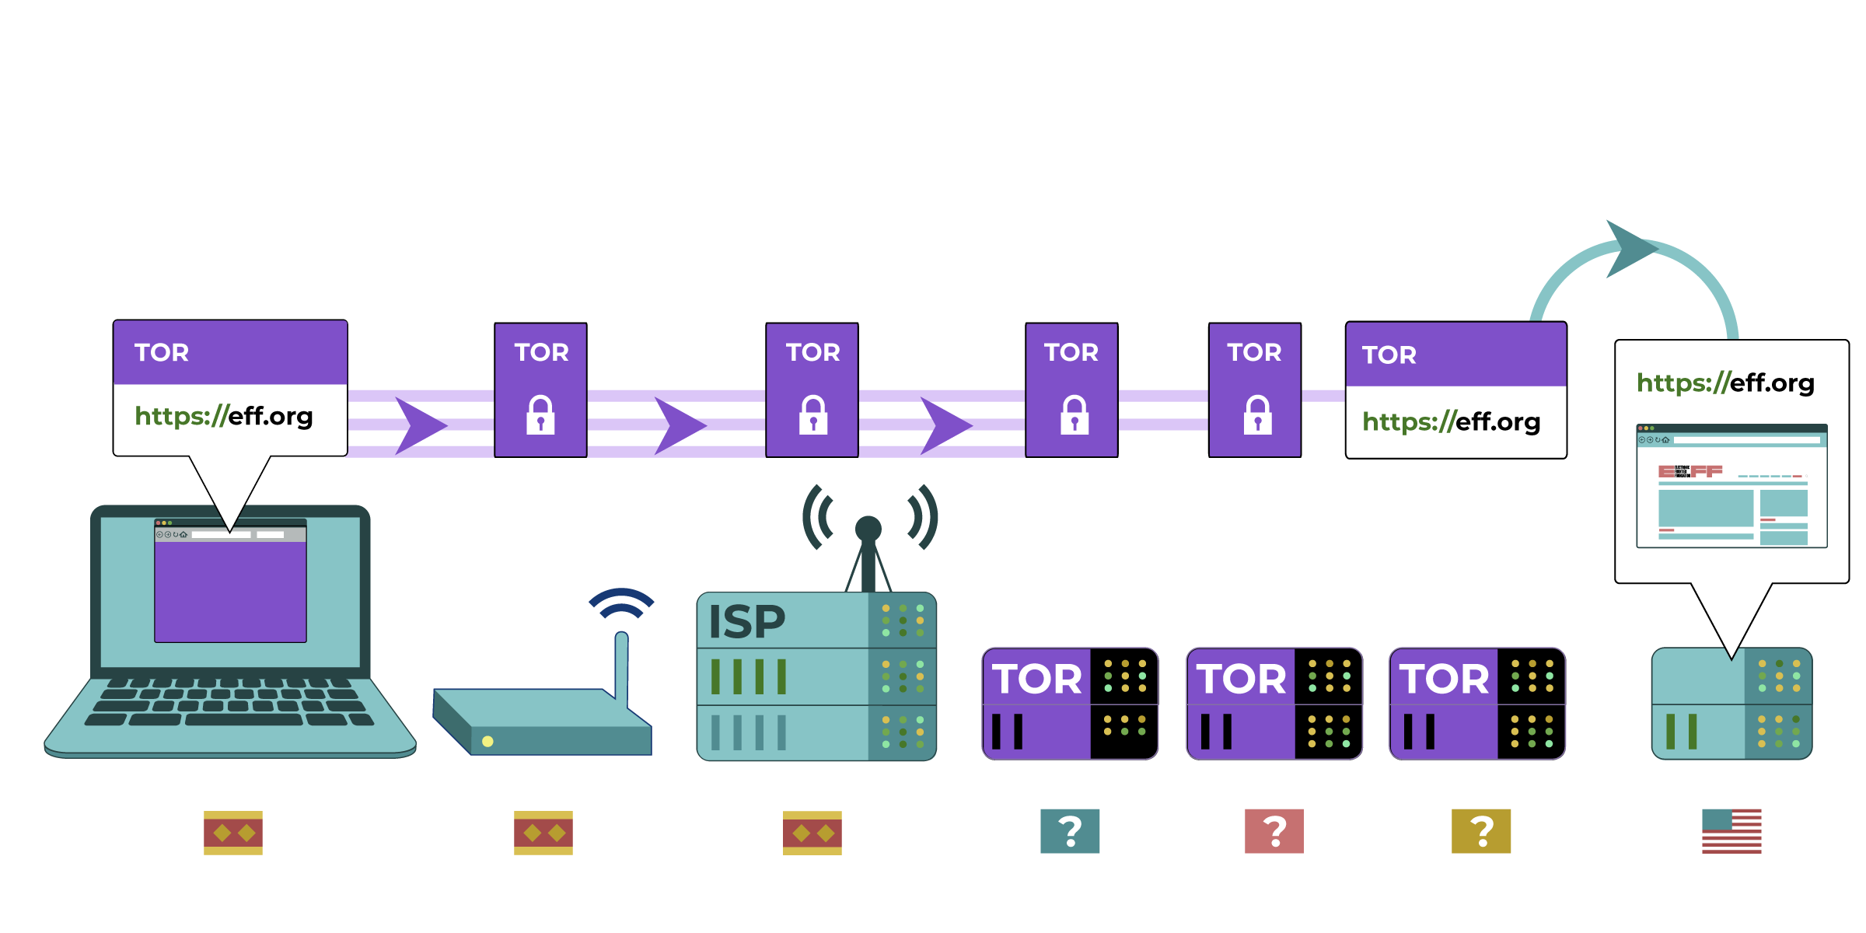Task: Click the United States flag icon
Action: (x=1731, y=831)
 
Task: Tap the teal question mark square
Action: (x=1070, y=831)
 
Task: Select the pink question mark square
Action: (x=1274, y=831)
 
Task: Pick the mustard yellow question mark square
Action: (x=1481, y=831)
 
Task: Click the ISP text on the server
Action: (x=747, y=622)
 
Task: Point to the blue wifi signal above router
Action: (x=621, y=603)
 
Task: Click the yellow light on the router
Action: (x=487, y=741)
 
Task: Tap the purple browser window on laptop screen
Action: (x=230, y=591)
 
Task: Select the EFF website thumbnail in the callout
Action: (x=1731, y=486)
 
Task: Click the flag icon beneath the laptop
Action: (x=232, y=833)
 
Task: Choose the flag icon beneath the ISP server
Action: (x=812, y=833)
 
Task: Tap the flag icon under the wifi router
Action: (x=543, y=833)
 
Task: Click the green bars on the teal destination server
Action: (x=1681, y=731)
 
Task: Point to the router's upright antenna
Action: (x=621, y=665)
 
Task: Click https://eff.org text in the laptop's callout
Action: (x=224, y=416)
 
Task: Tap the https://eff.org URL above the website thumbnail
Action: (x=1725, y=383)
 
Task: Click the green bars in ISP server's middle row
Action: (x=748, y=676)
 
